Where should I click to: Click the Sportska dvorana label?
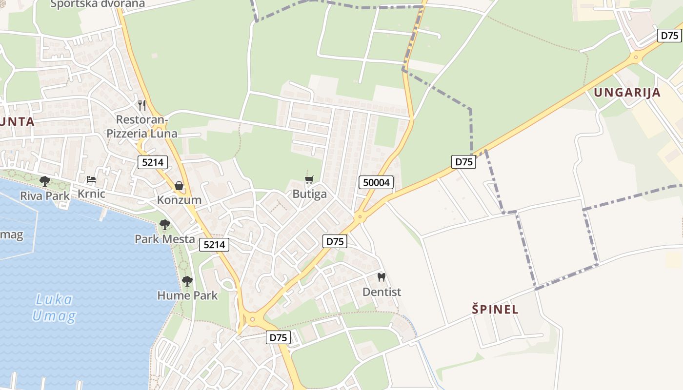coord(98,4)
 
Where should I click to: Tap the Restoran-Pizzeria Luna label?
coord(142,126)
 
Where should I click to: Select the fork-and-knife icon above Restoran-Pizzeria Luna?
coord(142,105)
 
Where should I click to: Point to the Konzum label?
coord(179,200)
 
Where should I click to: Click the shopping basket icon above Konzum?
coord(179,186)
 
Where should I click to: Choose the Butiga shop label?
coord(309,194)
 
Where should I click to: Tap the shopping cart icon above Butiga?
coord(309,180)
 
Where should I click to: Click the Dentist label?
coord(382,292)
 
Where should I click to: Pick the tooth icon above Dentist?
coord(382,277)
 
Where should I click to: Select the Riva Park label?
coord(45,195)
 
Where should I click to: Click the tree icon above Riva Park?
coord(45,181)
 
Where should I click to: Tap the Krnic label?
coord(91,194)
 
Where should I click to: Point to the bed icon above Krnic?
coord(91,179)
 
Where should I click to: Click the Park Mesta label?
coord(165,239)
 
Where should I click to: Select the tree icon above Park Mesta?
coord(165,225)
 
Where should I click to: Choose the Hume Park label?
coord(187,295)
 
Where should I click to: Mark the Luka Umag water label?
coord(54,308)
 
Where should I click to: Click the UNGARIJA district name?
coord(627,93)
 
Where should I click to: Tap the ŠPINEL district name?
coord(495,309)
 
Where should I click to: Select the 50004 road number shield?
coord(377,183)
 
